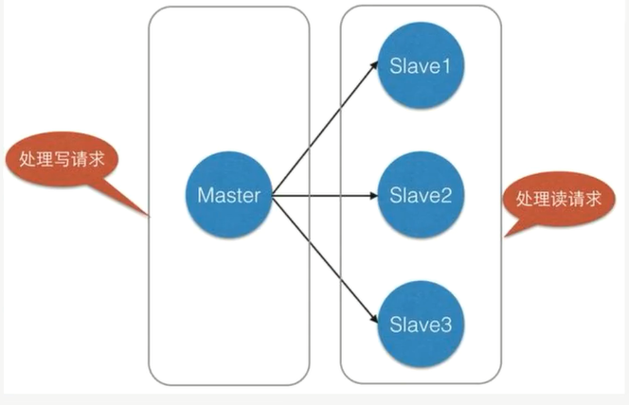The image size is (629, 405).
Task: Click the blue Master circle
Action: tap(229, 196)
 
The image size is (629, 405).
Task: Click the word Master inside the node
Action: tap(229, 196)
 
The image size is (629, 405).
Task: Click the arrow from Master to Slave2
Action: tap(322, 197)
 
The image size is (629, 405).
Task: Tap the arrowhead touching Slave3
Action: tap(371, 319)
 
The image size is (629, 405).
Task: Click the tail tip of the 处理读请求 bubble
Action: tap(505, 237)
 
